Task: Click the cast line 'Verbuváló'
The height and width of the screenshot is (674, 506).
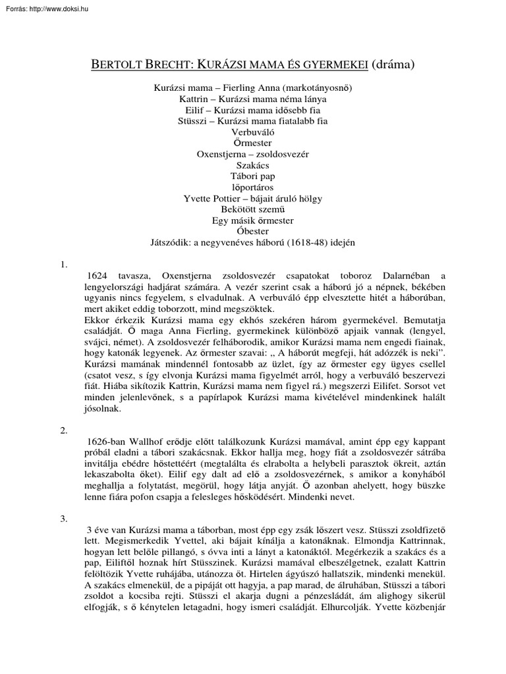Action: coord(252,132)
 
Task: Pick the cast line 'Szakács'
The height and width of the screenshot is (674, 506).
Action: coord(252,165)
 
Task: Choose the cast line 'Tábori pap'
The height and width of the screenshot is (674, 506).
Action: coord(252,176)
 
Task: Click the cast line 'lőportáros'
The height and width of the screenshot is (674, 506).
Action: coord(252,187)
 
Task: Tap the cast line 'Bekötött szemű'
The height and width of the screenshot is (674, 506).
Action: coord(252,209)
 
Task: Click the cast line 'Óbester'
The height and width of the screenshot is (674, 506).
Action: coord(252,231)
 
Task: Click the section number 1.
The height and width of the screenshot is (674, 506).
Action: coord(64,264)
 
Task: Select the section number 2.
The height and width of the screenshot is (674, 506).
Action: coord(64,430)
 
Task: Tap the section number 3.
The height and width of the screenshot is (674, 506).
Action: coord(64,519)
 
